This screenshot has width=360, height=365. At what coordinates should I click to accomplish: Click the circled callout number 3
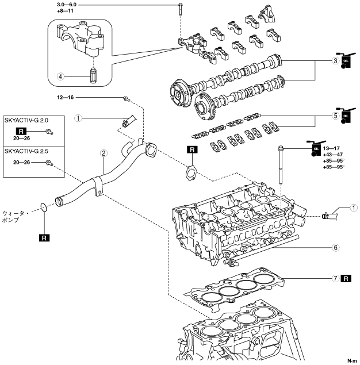point(335,61)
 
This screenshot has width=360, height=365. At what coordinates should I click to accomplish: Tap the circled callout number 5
point(335,114)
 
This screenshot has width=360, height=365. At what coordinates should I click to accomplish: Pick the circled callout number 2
point(104,153)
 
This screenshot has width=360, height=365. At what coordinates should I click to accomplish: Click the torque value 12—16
point(66,98)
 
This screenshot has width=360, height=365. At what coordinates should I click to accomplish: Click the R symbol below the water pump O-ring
point(43,236)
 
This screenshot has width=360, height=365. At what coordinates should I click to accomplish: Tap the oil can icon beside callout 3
point(346,61)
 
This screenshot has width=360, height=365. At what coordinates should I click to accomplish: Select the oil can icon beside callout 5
point(346,114)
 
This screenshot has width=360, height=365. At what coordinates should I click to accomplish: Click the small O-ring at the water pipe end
point(44,207)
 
